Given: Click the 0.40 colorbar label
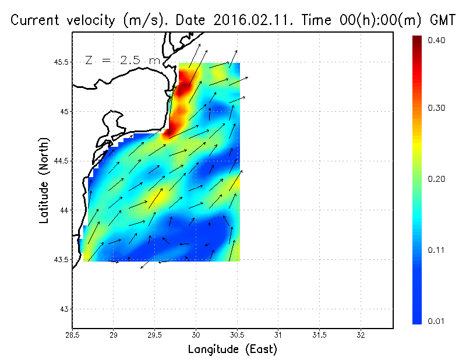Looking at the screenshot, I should [436, 40].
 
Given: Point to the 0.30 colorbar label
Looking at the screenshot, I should [436, 108].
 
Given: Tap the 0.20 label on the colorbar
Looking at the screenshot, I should [436, 179].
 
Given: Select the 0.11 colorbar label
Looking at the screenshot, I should [436, 250].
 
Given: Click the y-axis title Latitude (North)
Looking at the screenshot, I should [44, 180].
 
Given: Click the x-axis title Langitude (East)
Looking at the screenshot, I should [232, 350].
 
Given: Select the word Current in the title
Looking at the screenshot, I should [36, 20].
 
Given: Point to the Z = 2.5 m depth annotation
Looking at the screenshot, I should [122, 60].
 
